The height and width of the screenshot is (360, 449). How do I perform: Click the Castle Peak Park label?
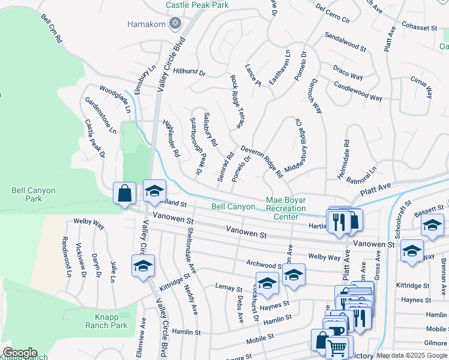click(197, 5)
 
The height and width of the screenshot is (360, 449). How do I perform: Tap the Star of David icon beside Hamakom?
click(175, 24)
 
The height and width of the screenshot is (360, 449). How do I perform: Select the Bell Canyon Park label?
click(34, 194)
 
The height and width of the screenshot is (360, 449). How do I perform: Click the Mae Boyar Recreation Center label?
click(286, 208)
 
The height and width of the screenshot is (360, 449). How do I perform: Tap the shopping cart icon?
click(337, 347)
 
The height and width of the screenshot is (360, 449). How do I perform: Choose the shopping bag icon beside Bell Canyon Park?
click(125, 194)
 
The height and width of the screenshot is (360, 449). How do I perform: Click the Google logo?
click(20, 352)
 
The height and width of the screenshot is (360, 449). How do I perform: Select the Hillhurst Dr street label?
click(189, 73)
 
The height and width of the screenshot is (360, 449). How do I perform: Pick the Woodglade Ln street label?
click(115, 98)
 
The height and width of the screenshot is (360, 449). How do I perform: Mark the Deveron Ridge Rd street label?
click(262, 161)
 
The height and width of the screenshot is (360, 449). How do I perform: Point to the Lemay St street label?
click(229, 288)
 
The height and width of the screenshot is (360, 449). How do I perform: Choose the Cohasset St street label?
click(420, 28)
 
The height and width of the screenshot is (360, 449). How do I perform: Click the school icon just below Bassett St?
click(432, 226)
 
